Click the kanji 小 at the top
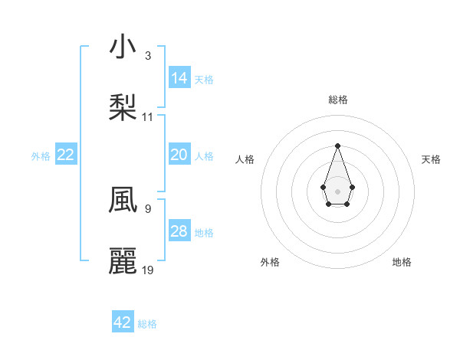(123, 47)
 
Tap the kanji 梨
(123, 108)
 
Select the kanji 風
(123, 198)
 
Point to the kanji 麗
(123, 261)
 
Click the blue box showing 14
(179, 78)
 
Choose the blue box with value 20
(179, 155)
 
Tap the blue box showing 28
(179, 231)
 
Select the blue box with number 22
(66, 155)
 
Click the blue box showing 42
(123, 322)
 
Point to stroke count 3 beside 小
(147, 56)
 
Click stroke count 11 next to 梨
(148, 117)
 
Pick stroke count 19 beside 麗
(148, 270)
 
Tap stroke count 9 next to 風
(147, 208)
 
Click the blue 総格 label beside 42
(147, 324)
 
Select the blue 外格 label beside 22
(41, 155)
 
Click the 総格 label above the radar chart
(337, 100)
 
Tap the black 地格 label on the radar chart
(402, 262)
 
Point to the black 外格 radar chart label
(270, 262)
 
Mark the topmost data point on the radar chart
(337, 146)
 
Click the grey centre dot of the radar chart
(337, 190)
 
